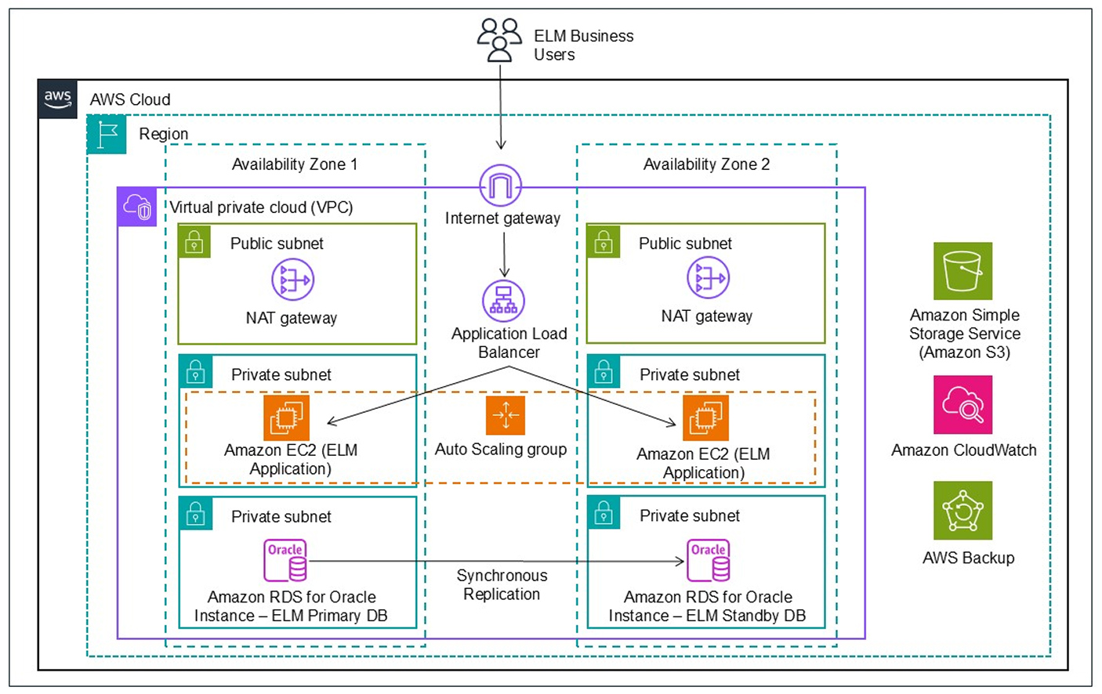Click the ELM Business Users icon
click(x=499, y=40)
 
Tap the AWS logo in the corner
click(x=57, y=99)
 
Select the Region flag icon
click(x=107, y=134)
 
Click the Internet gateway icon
click(x=500, y=186)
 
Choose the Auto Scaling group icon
click(x=505, y=415)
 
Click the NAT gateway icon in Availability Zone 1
click(x=292, y=280)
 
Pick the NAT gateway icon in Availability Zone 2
click(x=708, y=278)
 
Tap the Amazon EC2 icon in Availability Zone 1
click(x=286, y=417)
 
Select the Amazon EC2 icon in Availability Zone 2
click(x=705, y=417)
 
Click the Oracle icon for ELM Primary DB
click(x=285, y=560)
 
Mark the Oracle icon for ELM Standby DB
click(x=709, y=560)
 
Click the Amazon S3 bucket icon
click(x=962, y=271)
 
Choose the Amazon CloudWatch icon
click(x=962, y=405)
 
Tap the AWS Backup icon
click(x=962, y=511)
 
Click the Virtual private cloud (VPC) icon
click(x=137, y=208)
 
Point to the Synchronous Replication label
click(x=502, y=585)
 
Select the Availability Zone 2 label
click(x=706, y=164)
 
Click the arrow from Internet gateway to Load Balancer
click(x=504, y=255)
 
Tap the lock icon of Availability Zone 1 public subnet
click(x=194, y=243)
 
